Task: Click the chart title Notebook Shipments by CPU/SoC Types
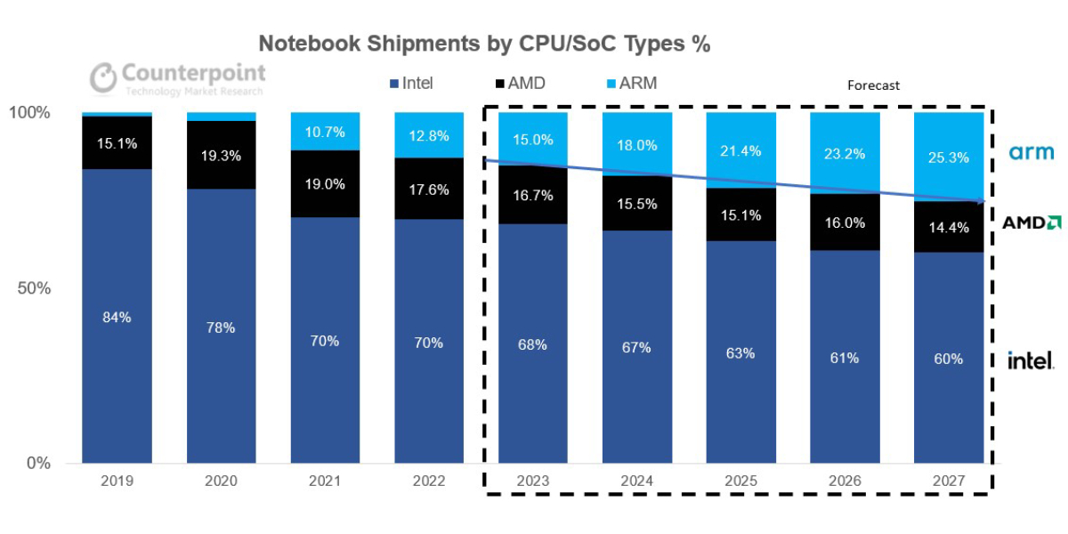coord(483,44)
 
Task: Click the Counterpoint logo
coord(178,77)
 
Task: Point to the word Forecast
coord(873,85)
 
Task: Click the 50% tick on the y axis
coord(33,288)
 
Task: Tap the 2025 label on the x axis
coord(740,481)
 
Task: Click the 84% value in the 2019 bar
coord(117,317)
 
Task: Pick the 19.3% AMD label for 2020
coord(221,155)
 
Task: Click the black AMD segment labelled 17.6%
coord(429,189)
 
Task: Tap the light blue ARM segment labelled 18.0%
coord(637,145)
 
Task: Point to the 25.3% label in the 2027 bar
coord(949,158)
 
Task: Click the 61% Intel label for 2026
coord(845,358)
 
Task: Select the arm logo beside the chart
coord(1032,153)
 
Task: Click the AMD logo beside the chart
coord(1032,222)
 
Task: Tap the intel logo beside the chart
coord(1031,360)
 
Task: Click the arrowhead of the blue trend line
coord(983,202)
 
